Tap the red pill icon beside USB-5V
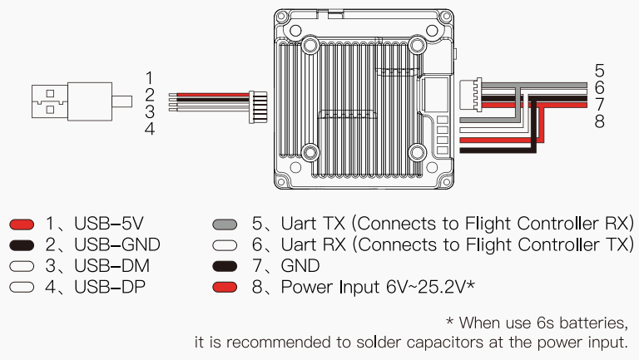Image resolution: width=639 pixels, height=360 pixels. coord(22,224)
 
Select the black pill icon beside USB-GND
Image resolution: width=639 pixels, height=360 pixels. coord(22,244)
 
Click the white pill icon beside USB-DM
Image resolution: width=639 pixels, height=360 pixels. coord(22,266)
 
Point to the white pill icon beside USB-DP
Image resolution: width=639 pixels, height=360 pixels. coord(22,287)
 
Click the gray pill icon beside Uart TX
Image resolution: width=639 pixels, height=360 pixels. coord(226,224)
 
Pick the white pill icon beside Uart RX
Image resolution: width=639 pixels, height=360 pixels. coord(226,244)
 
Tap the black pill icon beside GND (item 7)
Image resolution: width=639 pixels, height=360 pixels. coord(226,266)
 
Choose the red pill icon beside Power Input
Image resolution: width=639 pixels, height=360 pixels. coord(226,287)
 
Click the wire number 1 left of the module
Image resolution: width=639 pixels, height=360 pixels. coord(149,77)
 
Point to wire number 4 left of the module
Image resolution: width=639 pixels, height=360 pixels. coord(149,129)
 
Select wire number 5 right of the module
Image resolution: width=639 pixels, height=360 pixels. coord(600,70)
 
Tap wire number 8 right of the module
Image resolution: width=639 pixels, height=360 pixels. coord(600,122)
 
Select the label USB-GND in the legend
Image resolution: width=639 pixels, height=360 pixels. coord(116,244)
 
